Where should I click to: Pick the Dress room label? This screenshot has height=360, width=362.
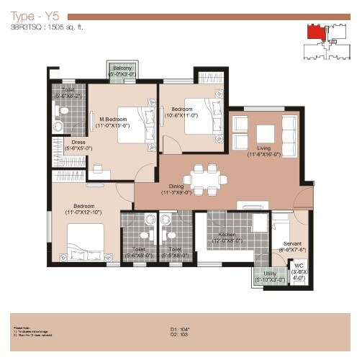(x=77, y=144)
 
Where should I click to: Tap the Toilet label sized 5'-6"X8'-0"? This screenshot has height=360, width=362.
(x=140, y=252)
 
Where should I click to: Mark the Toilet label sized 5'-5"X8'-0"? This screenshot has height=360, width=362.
(x=176, y=252)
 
